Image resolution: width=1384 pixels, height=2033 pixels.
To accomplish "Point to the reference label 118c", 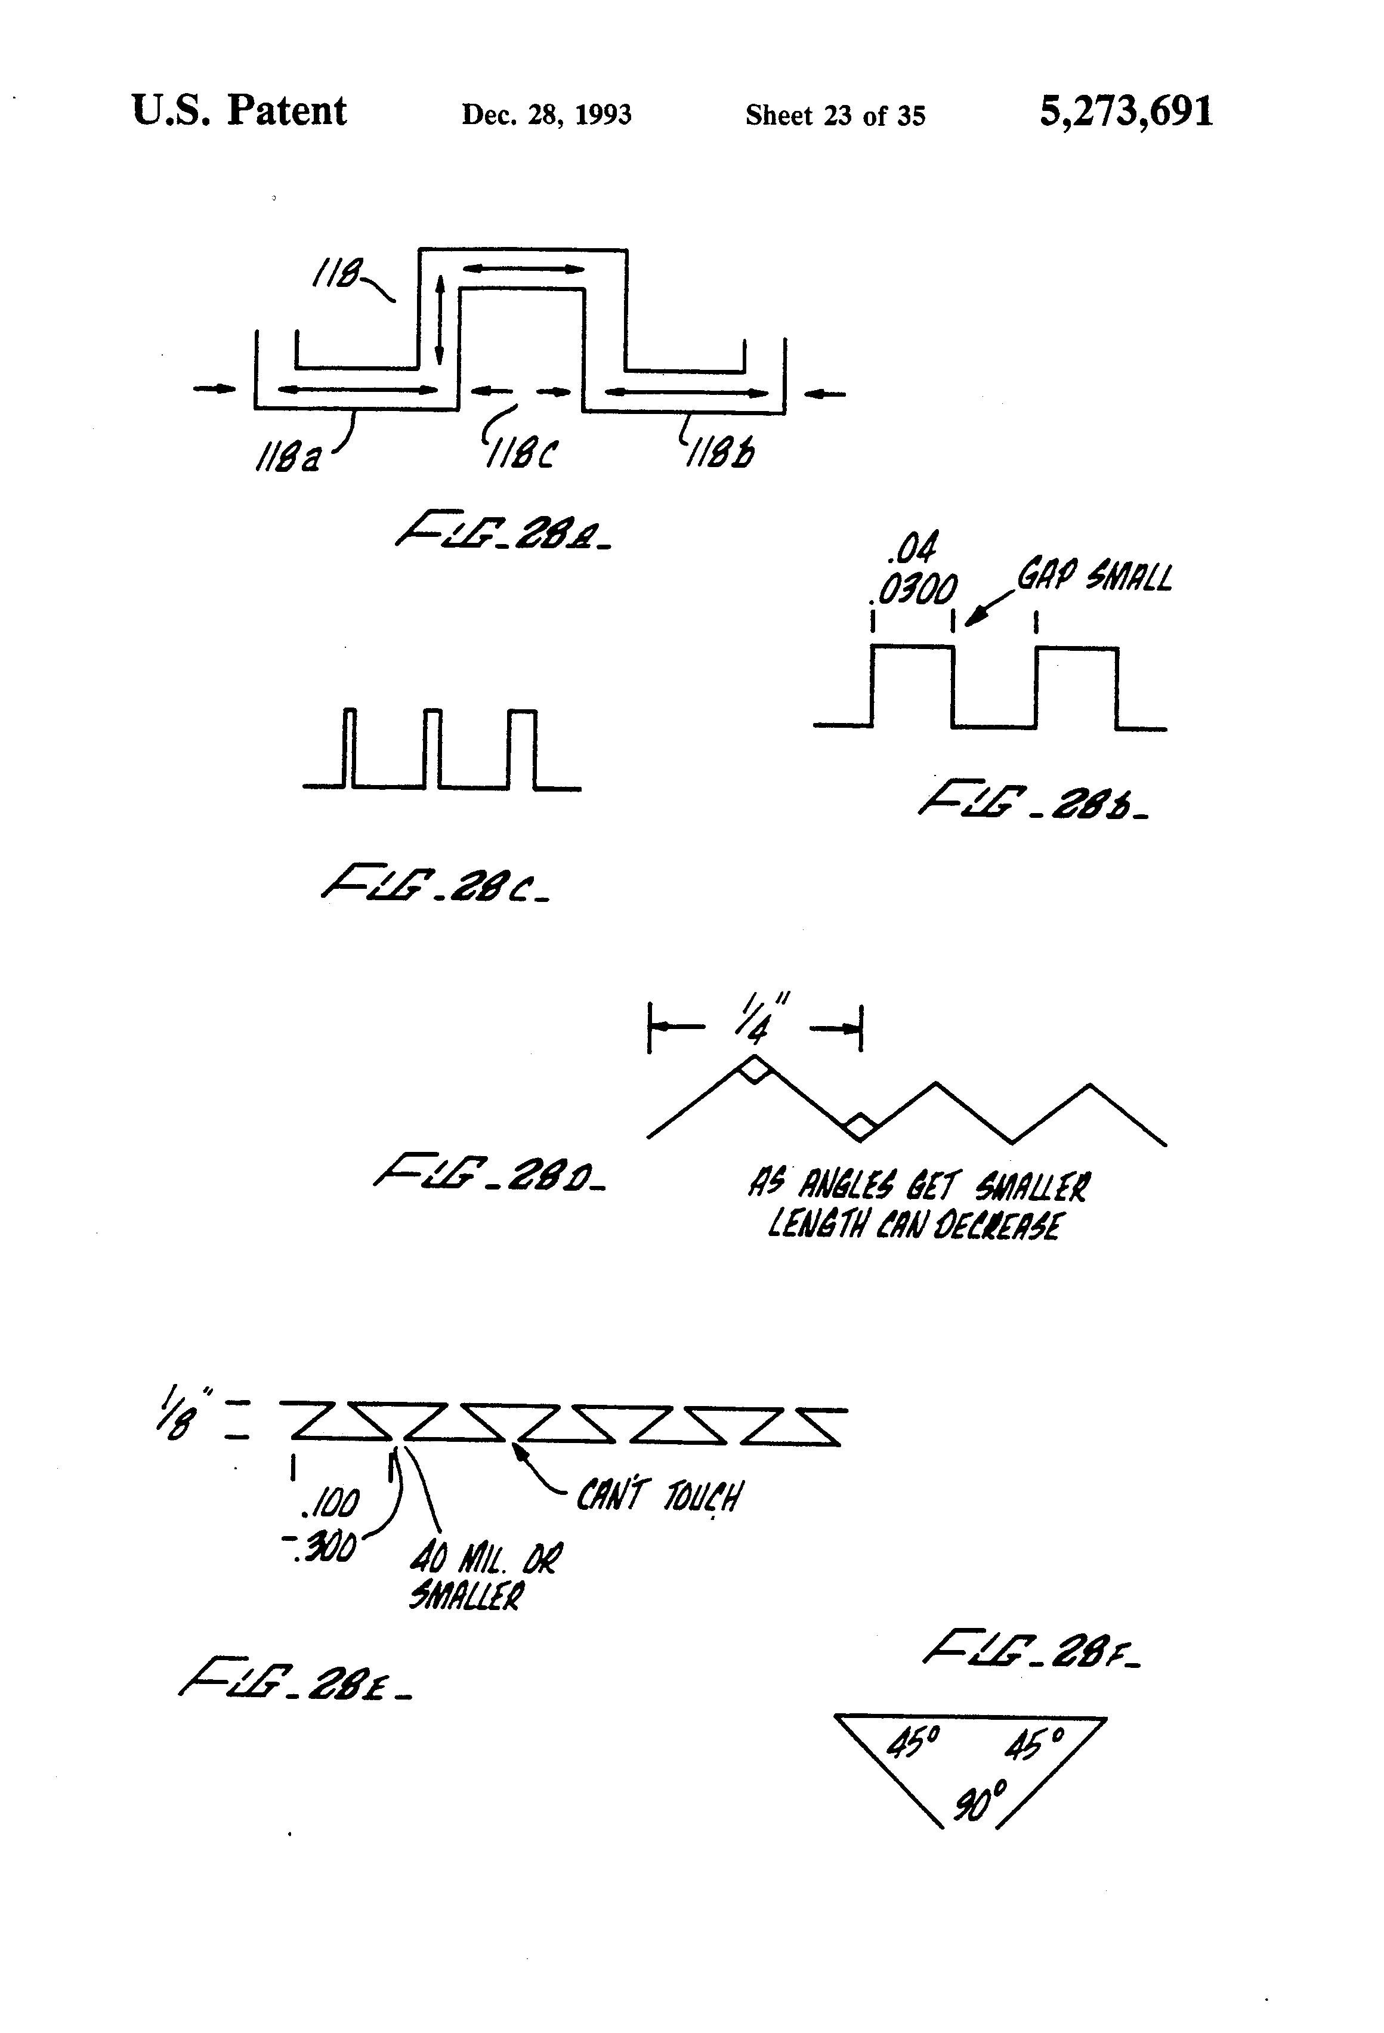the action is pos(522,454).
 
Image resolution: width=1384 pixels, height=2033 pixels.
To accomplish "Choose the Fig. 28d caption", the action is pos(489,1173).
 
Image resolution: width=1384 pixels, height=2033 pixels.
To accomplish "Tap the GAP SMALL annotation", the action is pos(1093,577).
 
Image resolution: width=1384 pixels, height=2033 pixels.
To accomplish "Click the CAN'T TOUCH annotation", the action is pos(658,1497).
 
